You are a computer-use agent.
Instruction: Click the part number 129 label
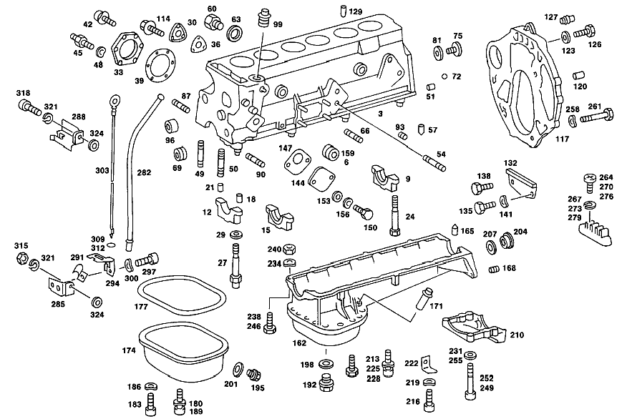[x=356, y=11]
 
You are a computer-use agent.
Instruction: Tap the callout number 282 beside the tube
[x=144, y=172]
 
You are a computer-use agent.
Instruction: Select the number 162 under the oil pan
[x=299, y=342]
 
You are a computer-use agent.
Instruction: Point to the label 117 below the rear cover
[x=562, y=139]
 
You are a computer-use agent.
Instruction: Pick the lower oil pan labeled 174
[x=183, y=352]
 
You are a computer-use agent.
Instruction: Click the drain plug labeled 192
[x=326, y=383]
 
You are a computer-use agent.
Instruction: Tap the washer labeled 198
[x=326, y=364]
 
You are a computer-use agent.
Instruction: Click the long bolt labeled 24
[x=394, y=215]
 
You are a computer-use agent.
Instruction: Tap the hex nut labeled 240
[x=289, y=250]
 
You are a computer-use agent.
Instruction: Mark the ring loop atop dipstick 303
[x=115, y=99]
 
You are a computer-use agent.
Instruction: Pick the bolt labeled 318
[x=29, y=107]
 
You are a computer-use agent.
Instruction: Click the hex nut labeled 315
[x=21, y=258]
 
